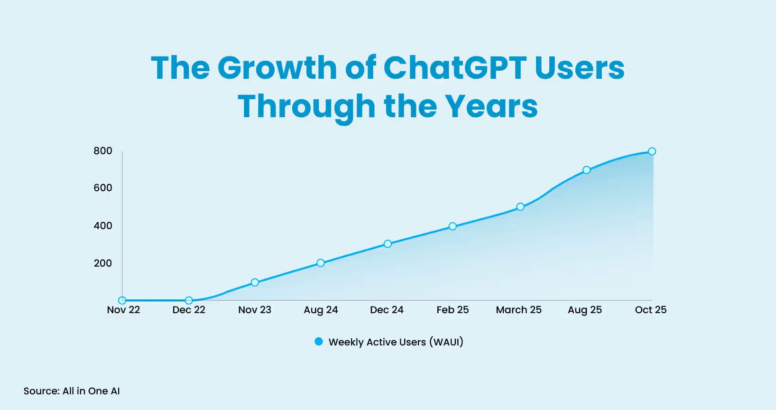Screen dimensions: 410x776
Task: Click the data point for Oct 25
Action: point(652,151)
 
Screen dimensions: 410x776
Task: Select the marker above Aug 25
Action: point(586,170)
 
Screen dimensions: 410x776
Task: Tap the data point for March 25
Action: point(520,207)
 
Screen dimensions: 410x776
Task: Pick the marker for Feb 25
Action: point(453,226)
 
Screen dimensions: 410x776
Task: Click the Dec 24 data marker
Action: point(388,244)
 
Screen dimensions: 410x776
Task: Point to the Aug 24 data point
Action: point(321,263)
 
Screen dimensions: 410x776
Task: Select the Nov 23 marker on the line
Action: point(255,282)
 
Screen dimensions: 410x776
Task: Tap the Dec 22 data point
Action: point(189,300)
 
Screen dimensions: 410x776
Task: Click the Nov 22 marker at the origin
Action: point(122,300)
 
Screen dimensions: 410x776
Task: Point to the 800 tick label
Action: point(103,151)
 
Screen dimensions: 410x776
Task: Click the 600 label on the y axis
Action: point(103,188)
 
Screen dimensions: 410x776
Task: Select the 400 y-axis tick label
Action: point(103,226)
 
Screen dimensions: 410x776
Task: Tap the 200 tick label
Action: point(103,263)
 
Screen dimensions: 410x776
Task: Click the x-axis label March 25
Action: point(518,310)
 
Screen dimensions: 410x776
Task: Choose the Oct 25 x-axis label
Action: point(650,310)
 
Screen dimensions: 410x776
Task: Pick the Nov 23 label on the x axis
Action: point(255,310)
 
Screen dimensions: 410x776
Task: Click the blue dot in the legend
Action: point(319,342)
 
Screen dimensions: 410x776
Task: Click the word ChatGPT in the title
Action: point(455,67)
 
